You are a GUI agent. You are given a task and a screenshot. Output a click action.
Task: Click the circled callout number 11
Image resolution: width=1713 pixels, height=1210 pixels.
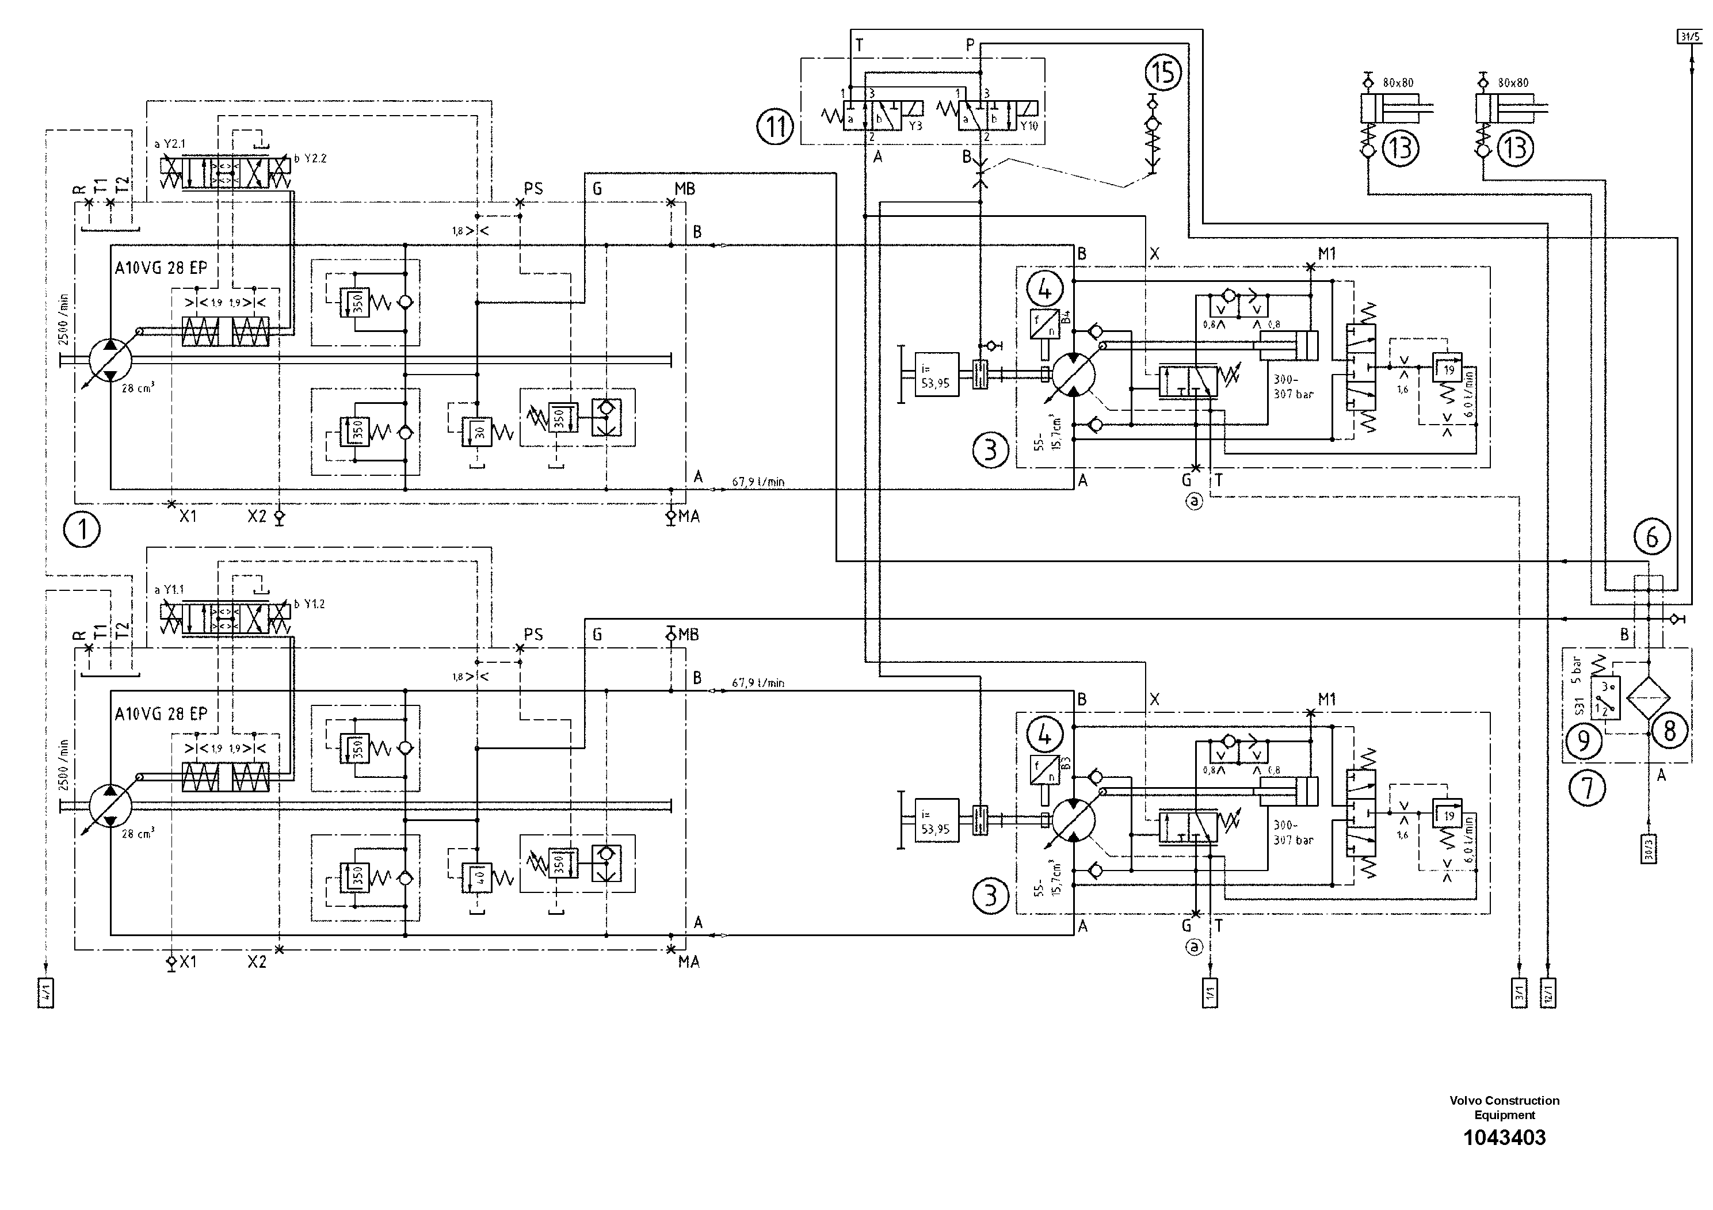click(775, 126)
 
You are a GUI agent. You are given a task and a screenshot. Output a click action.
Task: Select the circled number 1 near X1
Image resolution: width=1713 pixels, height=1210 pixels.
click(82, 530)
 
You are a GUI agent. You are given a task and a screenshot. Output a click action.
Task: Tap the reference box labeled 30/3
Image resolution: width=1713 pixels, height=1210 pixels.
click(1649, 848)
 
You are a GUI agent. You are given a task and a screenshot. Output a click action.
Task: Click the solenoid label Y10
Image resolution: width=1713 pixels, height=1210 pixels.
click(1029, 126)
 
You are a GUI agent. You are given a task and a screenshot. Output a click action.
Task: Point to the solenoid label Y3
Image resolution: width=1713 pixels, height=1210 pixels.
click(915, 126)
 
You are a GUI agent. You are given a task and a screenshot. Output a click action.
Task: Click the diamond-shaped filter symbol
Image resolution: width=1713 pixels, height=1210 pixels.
click(1648, 699)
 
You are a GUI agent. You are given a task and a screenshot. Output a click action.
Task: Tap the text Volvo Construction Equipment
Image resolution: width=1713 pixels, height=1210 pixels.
click(1504, 1107)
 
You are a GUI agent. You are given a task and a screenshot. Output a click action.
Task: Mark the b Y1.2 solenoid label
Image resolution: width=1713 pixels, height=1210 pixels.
click(310, 604)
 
